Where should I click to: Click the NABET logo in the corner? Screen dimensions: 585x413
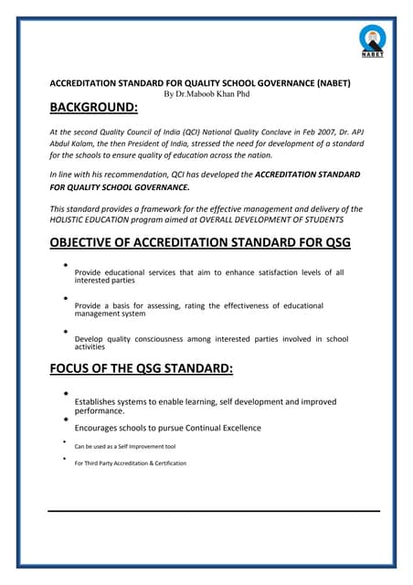[x=372, y=40]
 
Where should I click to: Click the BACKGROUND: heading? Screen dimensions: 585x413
[x=94, y=110]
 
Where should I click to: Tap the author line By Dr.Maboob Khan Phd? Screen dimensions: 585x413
[x=206, y=93]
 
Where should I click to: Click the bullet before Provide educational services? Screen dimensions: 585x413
[x=67, y=265]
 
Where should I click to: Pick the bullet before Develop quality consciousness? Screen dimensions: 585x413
[x=67, y=331]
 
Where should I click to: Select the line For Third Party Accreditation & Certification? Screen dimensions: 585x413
[x=131, y=463]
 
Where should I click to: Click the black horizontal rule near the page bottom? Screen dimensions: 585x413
[x=213, y=510]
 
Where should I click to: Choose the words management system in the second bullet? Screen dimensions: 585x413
[x=110, y=314]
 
